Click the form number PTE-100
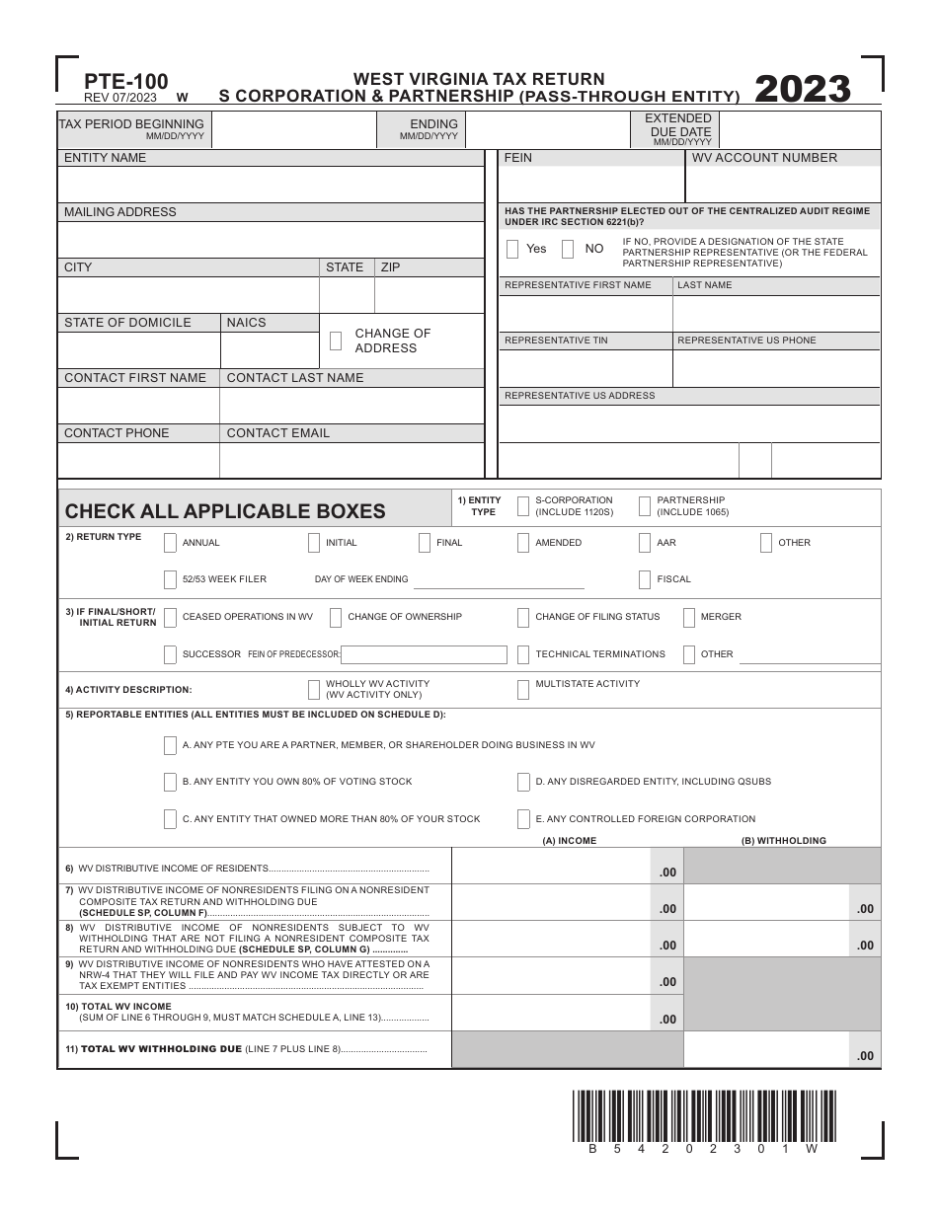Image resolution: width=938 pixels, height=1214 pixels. [112, 82]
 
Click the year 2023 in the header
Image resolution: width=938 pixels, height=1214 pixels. [802, 89]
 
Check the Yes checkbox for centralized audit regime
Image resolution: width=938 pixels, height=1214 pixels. [512, 250]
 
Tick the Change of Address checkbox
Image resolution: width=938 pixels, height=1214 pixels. [336, 341]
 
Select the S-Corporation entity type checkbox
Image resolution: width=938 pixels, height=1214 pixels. [521, 506]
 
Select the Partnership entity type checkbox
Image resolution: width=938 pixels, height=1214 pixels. [644, 506]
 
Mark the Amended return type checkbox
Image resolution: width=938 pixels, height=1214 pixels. [523, 543]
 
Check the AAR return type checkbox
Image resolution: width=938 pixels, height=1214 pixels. [645, 543]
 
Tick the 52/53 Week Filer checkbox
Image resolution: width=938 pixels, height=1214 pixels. [171, 579]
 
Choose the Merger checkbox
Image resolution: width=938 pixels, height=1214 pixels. [688, 617]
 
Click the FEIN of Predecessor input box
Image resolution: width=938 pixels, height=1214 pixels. [424, 654]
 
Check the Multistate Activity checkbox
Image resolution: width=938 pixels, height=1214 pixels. [523, 689]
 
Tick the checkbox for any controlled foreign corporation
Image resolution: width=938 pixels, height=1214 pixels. [523, 819]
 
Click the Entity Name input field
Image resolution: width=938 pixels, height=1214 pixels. [270, 185]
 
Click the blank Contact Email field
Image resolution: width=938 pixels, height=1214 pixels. [351, 461]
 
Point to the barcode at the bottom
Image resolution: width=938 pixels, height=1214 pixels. [703, 1115]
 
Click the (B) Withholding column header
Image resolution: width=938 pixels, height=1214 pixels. [783, 841]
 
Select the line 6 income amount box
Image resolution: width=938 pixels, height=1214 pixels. [550, 866]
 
